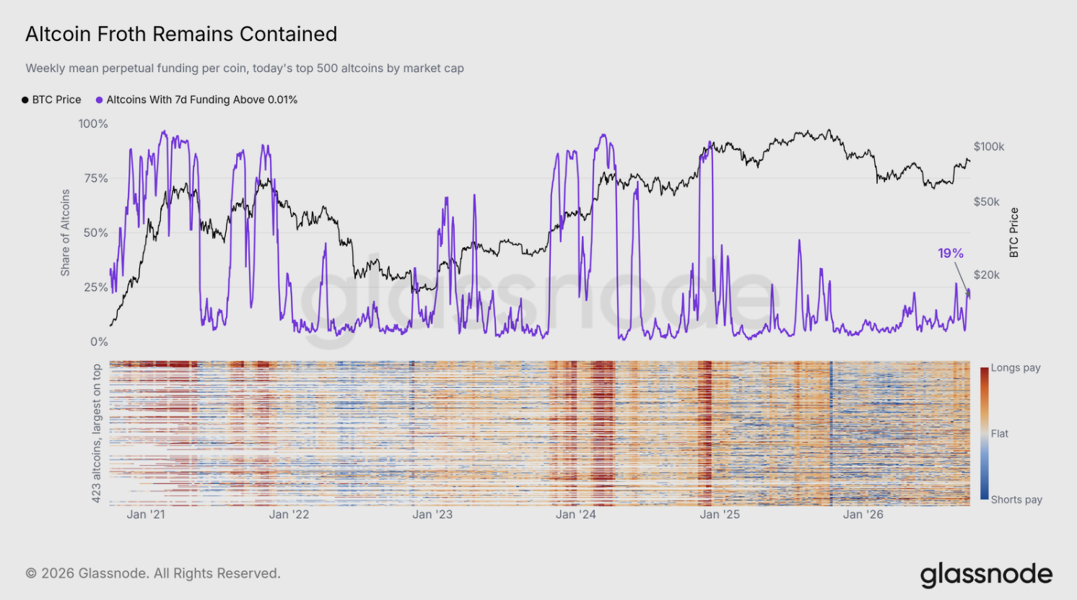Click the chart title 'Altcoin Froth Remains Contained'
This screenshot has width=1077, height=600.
click(181, 34)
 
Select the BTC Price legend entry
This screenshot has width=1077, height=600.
click(51, 100)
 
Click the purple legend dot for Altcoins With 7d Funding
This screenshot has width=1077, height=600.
click(99, 100)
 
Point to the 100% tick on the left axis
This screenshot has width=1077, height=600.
click(93, 123)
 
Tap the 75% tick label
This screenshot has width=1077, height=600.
click(96, 178)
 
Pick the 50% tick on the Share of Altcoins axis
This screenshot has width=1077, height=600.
click(96, 232)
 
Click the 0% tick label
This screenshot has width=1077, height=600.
click(99, 342)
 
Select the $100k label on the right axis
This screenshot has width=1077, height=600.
click(989, 147)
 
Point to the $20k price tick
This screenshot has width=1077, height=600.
click(987, 275)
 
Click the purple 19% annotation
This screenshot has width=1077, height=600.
click(951, 253)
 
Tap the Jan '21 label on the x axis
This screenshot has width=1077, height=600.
click(146, 514)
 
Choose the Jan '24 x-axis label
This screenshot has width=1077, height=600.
click(576, 514)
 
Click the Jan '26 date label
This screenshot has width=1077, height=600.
click(863, 514)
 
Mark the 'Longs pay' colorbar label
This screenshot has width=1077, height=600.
click(1016, 368)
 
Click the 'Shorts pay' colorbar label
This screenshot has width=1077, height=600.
click(1016, 500)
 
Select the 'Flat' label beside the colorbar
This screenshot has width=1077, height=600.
click(1000, 434)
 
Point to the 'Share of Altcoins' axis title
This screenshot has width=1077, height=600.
click(65, 232)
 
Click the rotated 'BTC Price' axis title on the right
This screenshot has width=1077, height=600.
click(1014, 232)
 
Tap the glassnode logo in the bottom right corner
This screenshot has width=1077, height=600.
click(987, 575)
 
